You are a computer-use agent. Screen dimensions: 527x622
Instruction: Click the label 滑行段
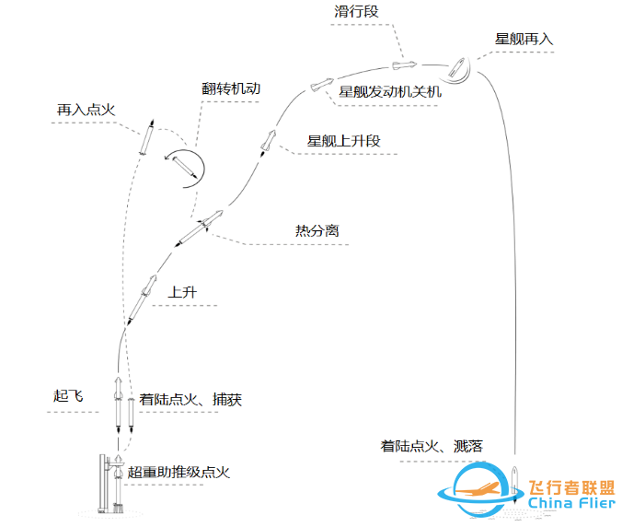pos(357,12)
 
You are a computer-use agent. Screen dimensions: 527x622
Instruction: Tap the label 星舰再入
pos(524,40)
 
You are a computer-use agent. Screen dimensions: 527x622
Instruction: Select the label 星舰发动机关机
pos(391,92)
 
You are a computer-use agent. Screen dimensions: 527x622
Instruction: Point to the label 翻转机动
pos(232,89)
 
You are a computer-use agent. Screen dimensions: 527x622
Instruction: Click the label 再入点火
pos(86,109)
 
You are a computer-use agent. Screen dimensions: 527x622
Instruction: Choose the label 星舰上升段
pos(343,141)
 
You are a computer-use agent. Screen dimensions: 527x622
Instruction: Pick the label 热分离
pos(317,230)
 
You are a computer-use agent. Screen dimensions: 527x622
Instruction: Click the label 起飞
pos(68,396)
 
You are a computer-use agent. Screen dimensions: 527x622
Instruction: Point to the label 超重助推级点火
pos(179,472)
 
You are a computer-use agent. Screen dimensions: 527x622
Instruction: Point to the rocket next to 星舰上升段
pos(269,140)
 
